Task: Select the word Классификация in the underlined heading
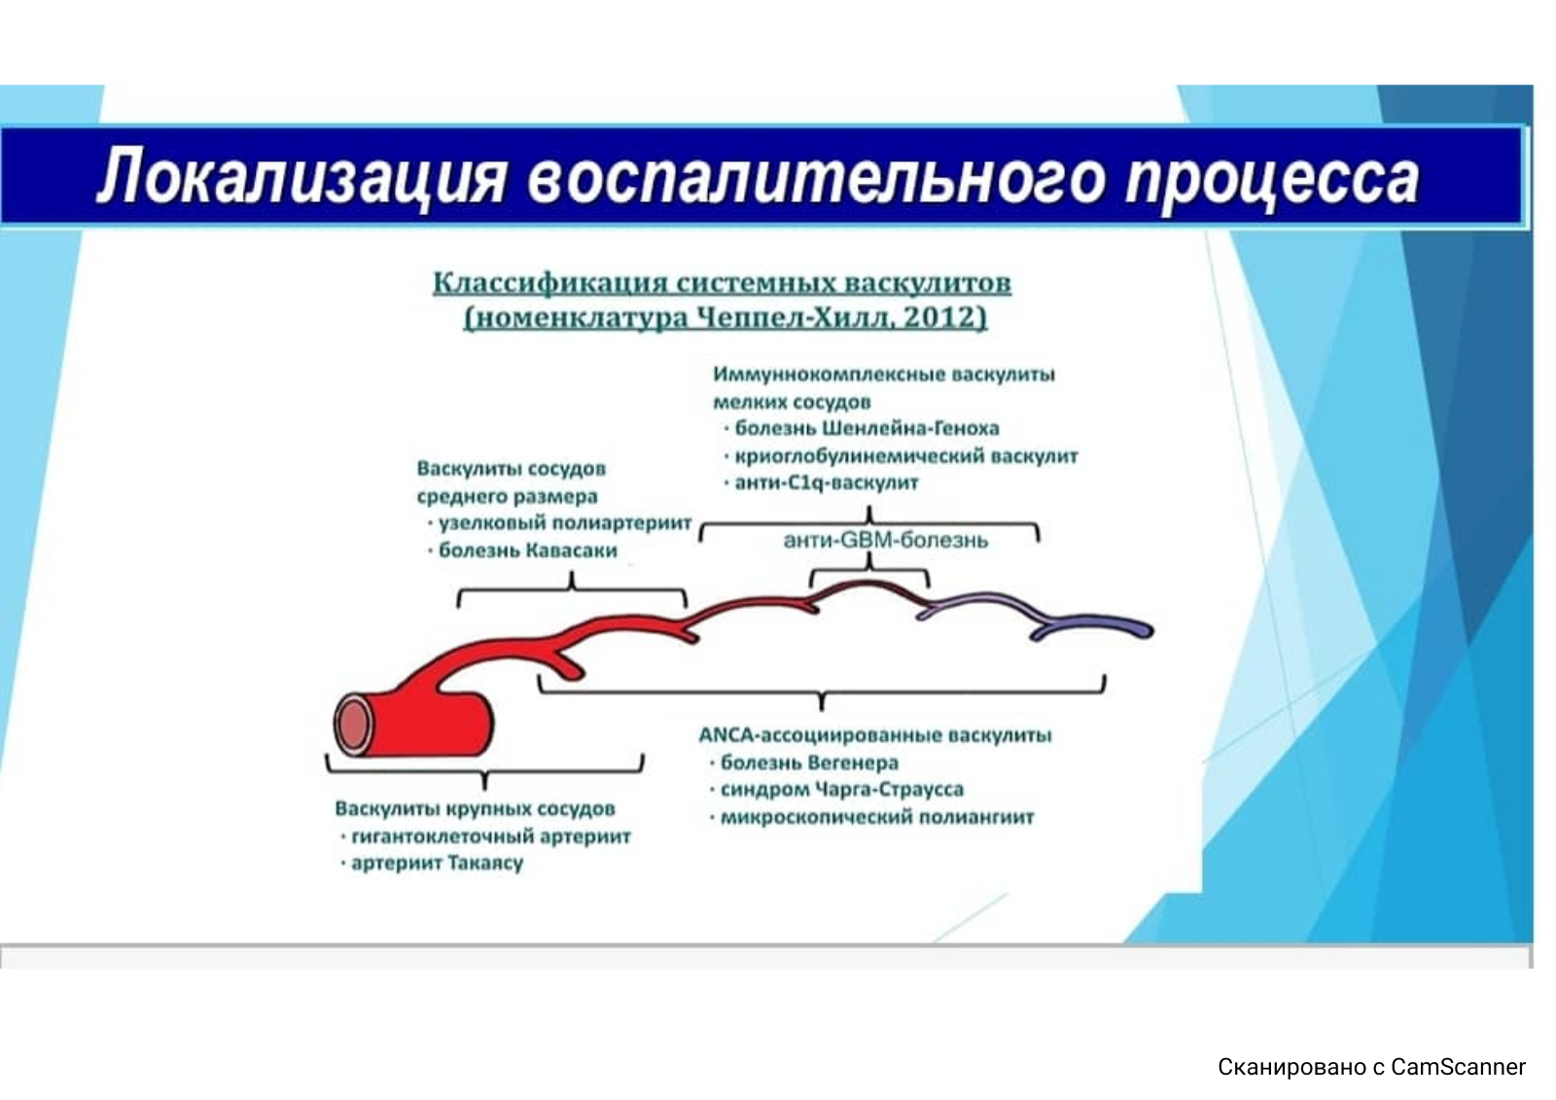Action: (x=550, y=283)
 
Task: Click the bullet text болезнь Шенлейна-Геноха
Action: (x=866, y=428)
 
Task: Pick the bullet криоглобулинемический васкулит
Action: (x=906, y=456)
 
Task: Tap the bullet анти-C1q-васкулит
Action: (x=827, y=482)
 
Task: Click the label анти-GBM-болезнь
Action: (x=886, y=540)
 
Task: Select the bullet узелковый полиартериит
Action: (x=565, y=522)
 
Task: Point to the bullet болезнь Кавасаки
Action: (x=528, y=550)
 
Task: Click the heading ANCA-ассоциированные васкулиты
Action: (x=875, y=735)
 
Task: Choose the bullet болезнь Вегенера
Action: (x=809, y=763)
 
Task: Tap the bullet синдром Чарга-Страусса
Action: (x=842, y=790)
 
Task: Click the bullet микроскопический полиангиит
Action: (x=877, y=817)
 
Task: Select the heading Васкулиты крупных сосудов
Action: (x=476, y=809)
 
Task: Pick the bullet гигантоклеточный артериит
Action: (x=491, y=836)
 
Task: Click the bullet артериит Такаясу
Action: (x=438, y=863)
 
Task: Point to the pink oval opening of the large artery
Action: (x=354, y=725)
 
